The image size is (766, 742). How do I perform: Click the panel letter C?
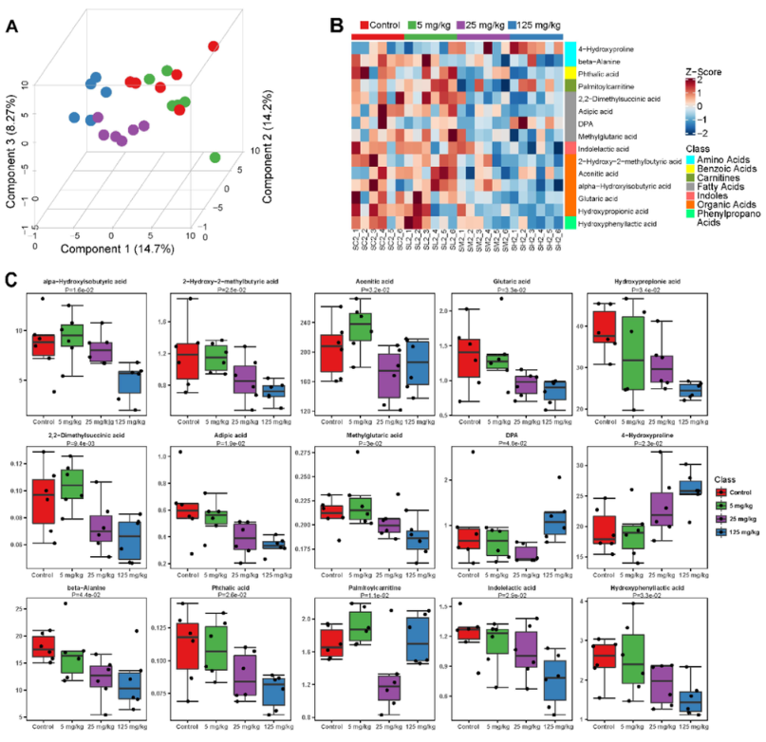coord(11,281)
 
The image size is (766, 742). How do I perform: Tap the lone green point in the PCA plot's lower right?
coord(215,157)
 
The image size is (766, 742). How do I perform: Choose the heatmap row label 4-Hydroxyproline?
coord(608,47)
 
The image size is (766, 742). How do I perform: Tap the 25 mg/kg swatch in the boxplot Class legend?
coord(725,520)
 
